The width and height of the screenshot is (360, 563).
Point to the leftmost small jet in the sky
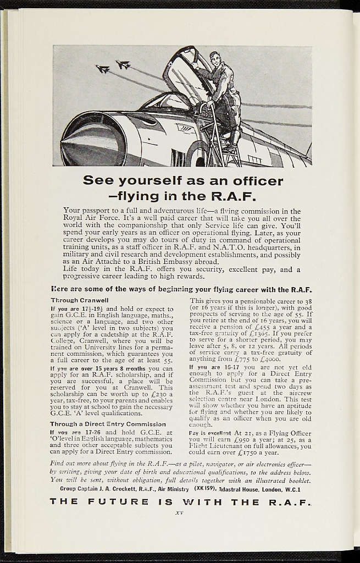click(x=103, y=69)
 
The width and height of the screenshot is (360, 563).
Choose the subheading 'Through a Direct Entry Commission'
click(x=108, y=424)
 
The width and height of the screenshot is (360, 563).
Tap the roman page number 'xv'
click(x=179, y=513)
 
